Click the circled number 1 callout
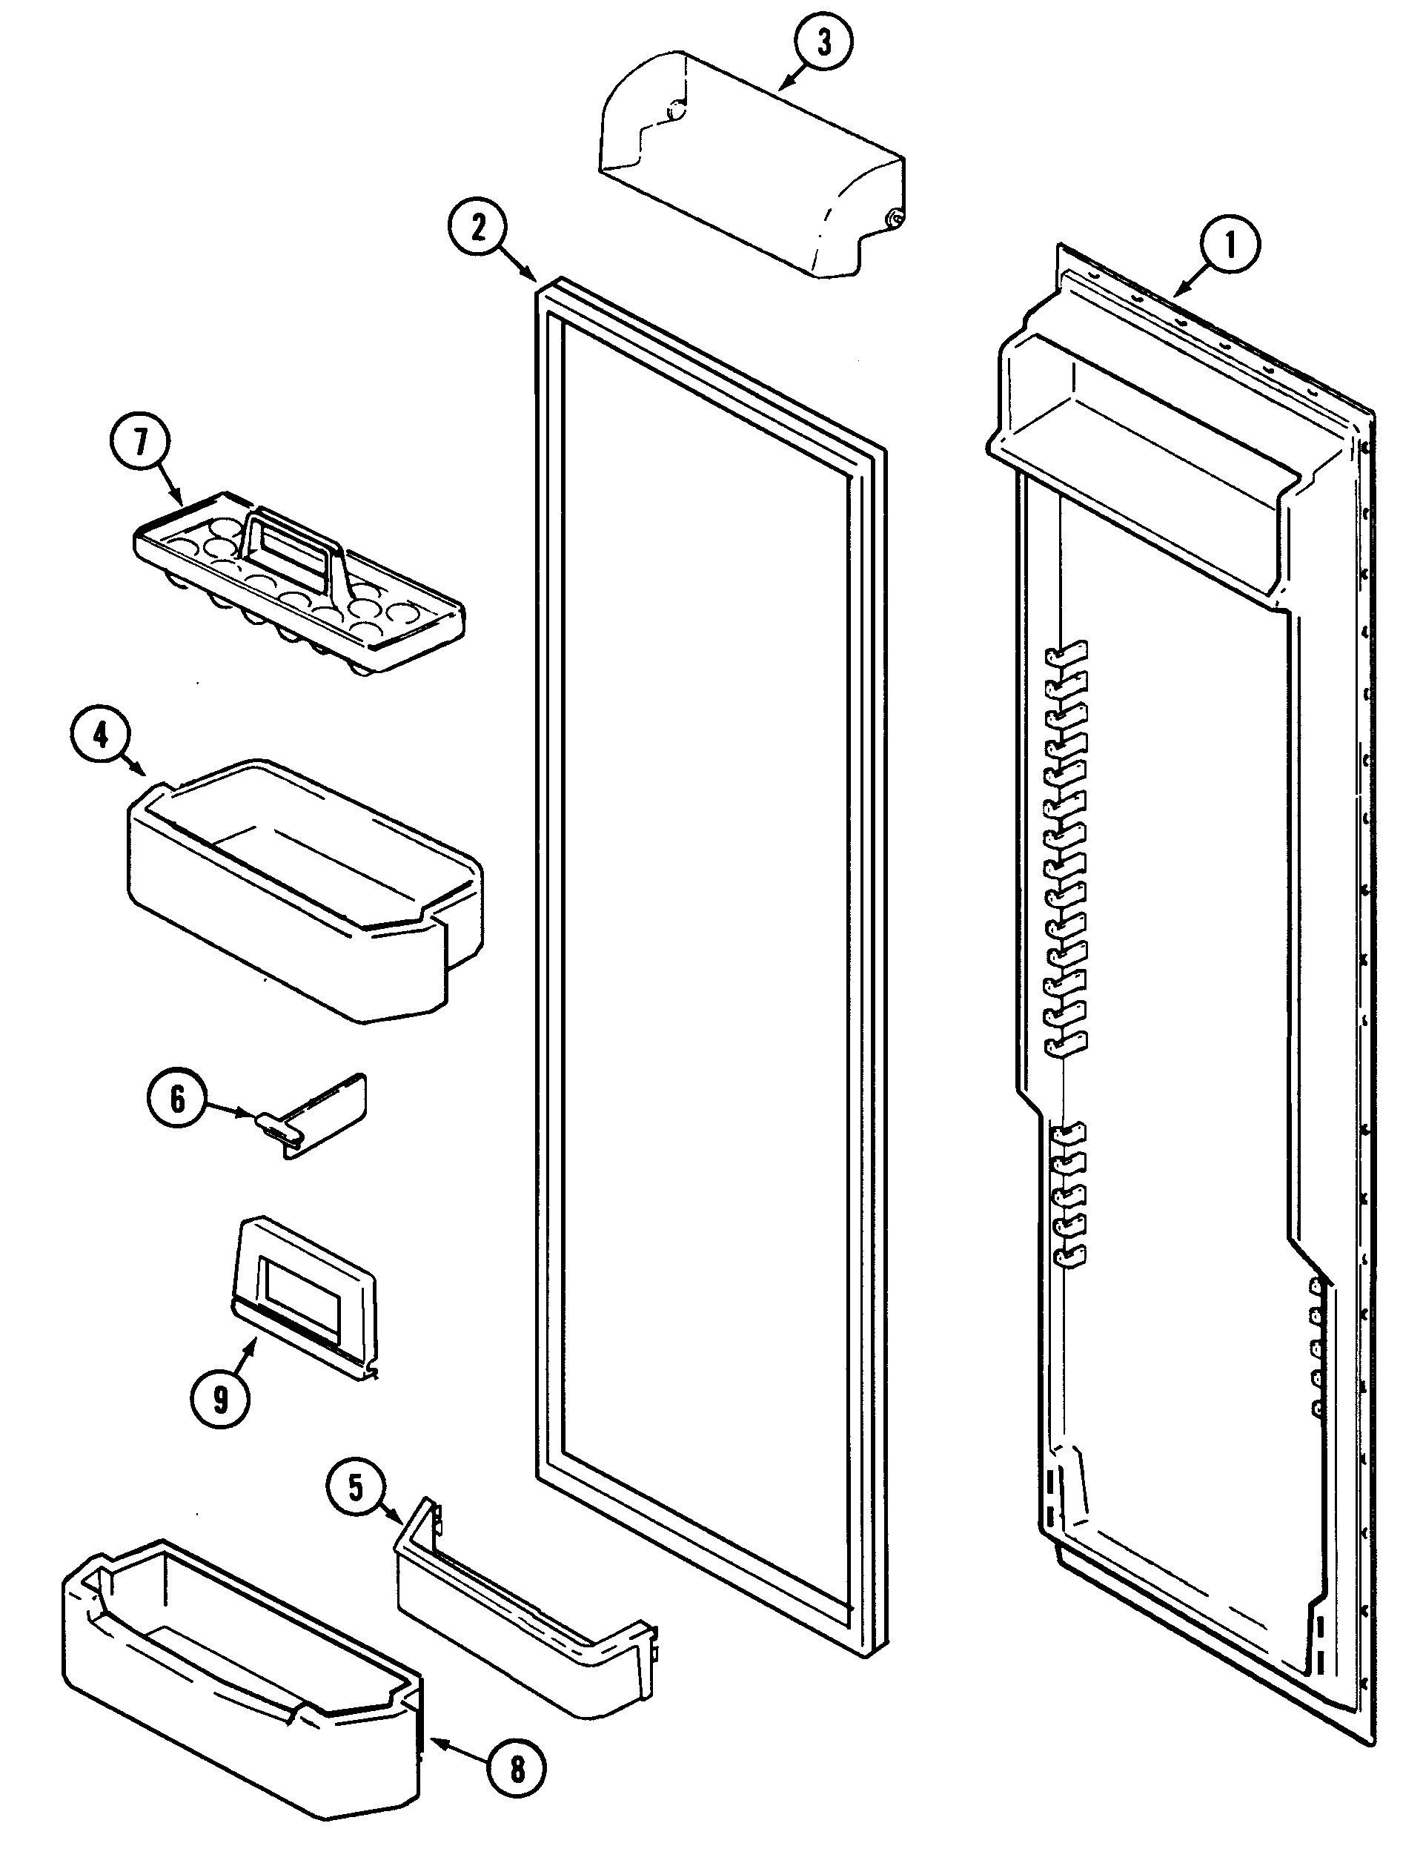(1230, 245)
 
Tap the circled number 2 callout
(479, 228)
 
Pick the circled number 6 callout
(177, 1099)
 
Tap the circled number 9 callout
(220, 1399)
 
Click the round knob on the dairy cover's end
(892, 219)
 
